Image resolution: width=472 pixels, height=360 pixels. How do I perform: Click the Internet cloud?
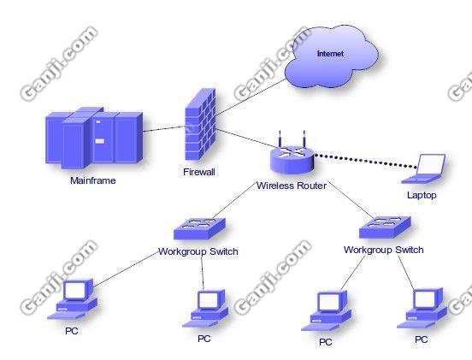[x=331, y=56]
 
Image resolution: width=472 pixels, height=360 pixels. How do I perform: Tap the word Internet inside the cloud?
[x=330, y=54]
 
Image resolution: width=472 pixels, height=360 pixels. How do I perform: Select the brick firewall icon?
[x=200, y=124]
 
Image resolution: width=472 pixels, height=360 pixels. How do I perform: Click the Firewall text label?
[x=199, y=172]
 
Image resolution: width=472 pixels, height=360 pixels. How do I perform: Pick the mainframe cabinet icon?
[x=94, y=138]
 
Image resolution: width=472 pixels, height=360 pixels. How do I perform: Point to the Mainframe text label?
[x=93, y=180]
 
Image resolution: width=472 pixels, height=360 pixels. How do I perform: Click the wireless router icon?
[x=292, y=156]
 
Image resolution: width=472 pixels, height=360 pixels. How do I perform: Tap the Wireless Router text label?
[x=291, y=186]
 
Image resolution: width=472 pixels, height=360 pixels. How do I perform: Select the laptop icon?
[x=424, y=168]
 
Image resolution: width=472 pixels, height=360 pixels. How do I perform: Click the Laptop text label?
[x=422, y=195]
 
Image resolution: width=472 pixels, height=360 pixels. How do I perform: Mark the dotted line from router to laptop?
[x=365, y=161]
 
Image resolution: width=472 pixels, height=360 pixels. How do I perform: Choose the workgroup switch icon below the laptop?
[x=385, y=227]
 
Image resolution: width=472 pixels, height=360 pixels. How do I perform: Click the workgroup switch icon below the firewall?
[x=199, y=229]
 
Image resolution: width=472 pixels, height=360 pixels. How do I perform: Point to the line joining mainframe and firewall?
[x=164, y=129]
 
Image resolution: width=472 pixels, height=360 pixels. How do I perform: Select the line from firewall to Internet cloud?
[x=251, y=97]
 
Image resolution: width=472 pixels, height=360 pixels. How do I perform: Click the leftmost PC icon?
[x=72, y=299]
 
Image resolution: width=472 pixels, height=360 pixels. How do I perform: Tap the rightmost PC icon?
[x=422, y=308]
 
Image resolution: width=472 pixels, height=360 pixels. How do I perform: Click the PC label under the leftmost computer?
[x=72, y=331]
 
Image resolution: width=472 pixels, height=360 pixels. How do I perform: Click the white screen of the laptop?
[x=430, y=165]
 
